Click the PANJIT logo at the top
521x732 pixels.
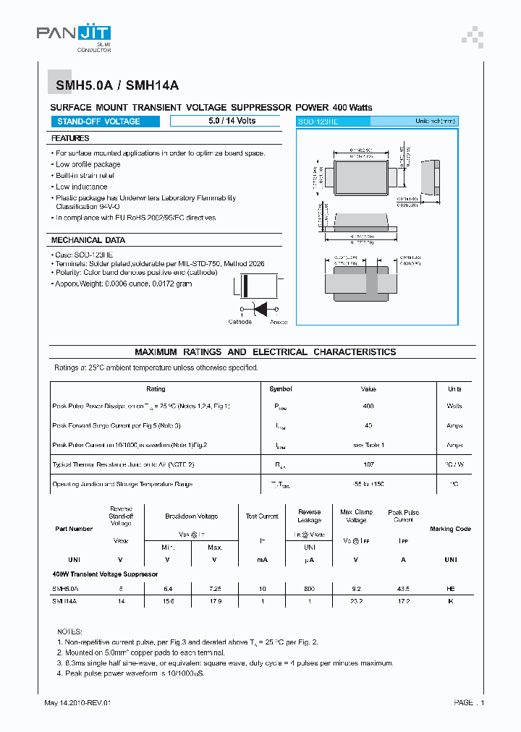click(x=74, y=33)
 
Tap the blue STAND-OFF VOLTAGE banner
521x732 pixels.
click(x=105, y=122)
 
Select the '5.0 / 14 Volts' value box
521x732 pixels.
click(x=225, y=121)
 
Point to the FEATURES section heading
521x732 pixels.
click(x=70, y=138)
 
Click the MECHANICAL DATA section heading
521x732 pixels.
click(x=88, y=240)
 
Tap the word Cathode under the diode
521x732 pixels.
click(x=240, y=322)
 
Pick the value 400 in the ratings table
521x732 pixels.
click(x=368, y=407)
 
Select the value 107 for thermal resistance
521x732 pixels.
click(x=368, y=464)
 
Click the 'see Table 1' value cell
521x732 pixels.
click(x=368, y=446)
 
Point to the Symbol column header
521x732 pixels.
click(x=280, y=389)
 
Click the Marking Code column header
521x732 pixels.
click(x=450, y=529)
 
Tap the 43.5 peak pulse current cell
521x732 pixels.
click(x=403, y=589)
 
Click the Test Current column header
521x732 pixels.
click(x=261, y=516)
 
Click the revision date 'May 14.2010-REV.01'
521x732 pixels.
click(x=77, y=703)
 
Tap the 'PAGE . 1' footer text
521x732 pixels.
click(x=469, y=703)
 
